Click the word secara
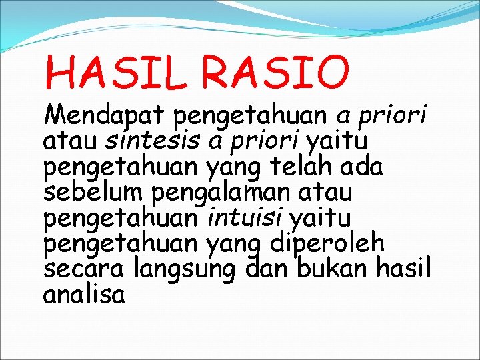[85, 269]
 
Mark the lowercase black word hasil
[405, 268]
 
